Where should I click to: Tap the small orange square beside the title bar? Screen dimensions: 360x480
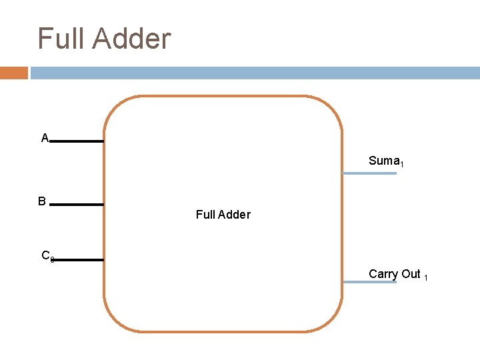pyautogui.click(x=13, y=73)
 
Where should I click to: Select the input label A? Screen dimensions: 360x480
pyautogui.click(x=45, y=138)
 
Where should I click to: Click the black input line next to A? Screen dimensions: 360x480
pyautogui.click(x=77, y=141)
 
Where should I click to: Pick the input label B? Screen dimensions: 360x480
pyautogui.click(x=42, y=201)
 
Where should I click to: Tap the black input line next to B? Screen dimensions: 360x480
pyautogui.click(x=77, y=205)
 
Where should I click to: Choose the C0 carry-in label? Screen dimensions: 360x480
pyautogui.click(x=47, y=255)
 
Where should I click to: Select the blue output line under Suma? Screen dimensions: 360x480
pyautogui.click(x=369, y=173)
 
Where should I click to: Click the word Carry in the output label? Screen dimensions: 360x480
pyautogui.click(x=383, y=274)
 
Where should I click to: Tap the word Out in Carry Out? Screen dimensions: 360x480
pyautogui.click(x=411, y=274)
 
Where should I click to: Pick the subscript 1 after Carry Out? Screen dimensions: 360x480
pyautogui.click(x=426, y=276)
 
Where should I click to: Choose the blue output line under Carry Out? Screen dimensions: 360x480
pyautogui.click(x=369, y=282)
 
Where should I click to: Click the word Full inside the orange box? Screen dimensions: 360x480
pyautogui.click(x=205, y=215)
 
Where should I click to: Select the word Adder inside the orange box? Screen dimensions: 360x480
pyautogui.click(x=234, y=215)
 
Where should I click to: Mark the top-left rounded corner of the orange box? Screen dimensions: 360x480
pyautogui.click(x=113, y=107)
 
